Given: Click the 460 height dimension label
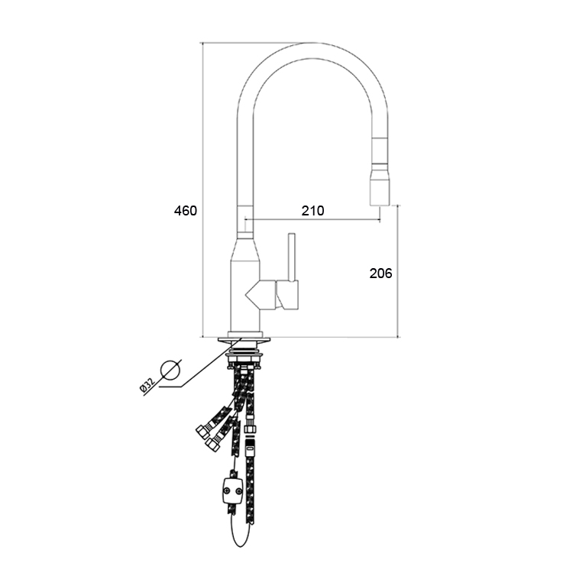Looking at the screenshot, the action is [186, 211].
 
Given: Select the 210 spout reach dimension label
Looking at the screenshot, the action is [312, 211].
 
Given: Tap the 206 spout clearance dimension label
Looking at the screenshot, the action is [380, 274].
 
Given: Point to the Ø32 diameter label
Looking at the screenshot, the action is [147, 386].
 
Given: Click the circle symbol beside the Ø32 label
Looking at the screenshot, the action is [170, 370].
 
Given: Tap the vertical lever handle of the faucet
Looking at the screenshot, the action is [292, 257].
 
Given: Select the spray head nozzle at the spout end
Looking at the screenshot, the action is [380, 187].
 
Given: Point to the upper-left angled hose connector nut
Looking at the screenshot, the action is [202, 432].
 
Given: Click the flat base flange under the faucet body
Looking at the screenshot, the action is [244, 340].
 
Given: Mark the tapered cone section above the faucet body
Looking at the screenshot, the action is [244, 251].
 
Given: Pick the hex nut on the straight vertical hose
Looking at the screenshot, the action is [251, 428].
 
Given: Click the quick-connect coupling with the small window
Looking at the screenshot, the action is [250, 446].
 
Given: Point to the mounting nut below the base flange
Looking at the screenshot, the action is [244, 358].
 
